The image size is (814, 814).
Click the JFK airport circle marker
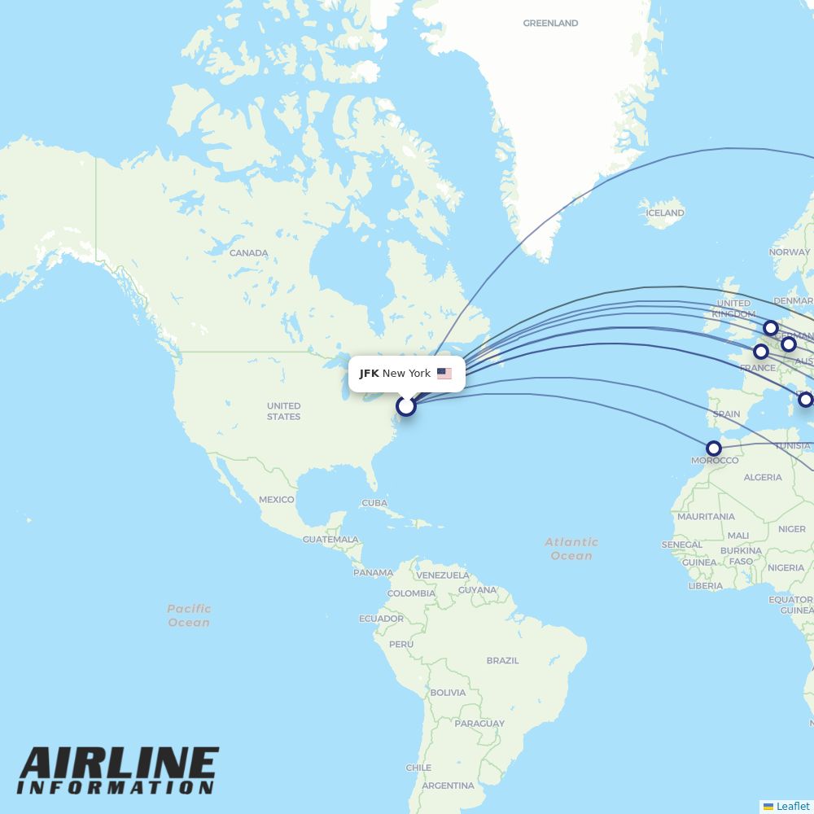coord(405,405)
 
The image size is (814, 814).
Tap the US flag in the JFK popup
coord(444,374)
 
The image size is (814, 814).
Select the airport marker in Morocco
coord(714,449)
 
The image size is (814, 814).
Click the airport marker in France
coord(760,352)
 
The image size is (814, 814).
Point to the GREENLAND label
coord(550,24)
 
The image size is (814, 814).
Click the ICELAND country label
coord(665,213)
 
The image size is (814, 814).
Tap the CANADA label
coord(248,253)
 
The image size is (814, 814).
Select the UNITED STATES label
coord(283,411)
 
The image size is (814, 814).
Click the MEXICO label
coord(276,500)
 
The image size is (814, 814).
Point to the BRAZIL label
coord(502,660)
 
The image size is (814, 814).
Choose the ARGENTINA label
coord(448,786)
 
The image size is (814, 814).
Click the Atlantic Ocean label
coord(571,549)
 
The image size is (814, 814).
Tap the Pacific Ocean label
coord(189,615)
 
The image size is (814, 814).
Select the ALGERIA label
coord(763,478)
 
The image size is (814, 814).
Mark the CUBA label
coord(374,503)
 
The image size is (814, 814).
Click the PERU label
coord(400,644)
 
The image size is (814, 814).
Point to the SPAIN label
coord(726,414)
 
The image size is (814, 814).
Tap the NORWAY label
coord(789,252)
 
